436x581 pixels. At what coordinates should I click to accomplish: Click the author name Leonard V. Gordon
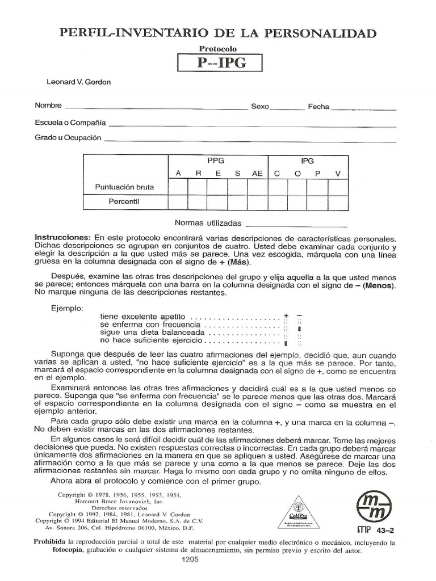tap(79, 82)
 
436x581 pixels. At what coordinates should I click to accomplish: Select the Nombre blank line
tap(156, 108)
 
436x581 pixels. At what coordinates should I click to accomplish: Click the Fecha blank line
tap(363, 108)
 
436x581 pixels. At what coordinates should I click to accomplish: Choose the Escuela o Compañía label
tap(70, 122)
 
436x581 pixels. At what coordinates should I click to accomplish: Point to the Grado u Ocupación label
tap(68, 137)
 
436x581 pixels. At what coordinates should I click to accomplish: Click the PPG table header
tap(216, 161)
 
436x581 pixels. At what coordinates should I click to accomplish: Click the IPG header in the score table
tap(307, 161)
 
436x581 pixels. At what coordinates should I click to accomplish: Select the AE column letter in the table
tap(257, 174)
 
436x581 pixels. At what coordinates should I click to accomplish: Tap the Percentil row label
tap(124, 201)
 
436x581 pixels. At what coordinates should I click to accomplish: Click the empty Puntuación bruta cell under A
tap(178, 187)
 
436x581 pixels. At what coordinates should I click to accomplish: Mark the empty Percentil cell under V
tap(338, 202)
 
